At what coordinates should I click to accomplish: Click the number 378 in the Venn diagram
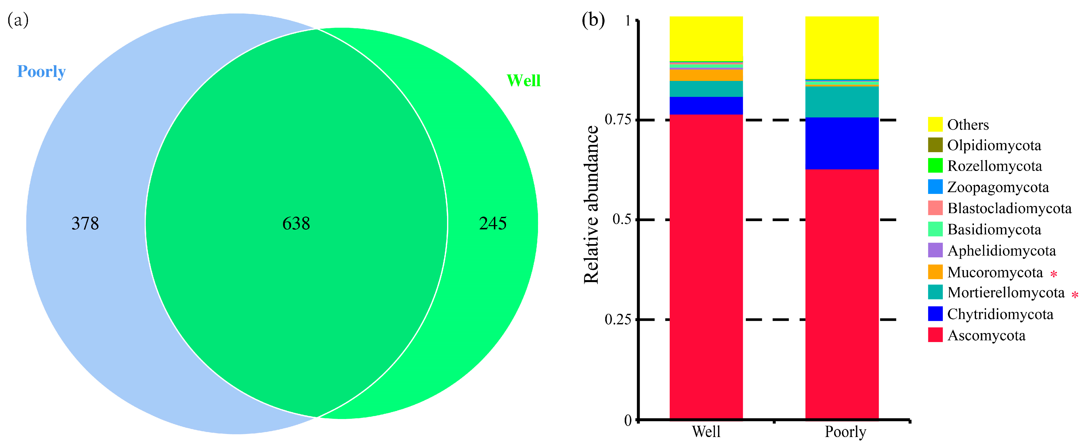[x=85, y=223]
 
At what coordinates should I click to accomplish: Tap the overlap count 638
[x=296, y=223]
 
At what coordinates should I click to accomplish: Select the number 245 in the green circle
[x=493, y=223]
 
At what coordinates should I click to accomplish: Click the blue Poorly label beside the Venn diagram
[x=41, y=72]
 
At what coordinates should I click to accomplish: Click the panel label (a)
[x=18, y=20]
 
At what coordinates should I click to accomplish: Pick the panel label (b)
[x=593, y=20]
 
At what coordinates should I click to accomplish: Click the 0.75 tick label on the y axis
[x=618, y=120]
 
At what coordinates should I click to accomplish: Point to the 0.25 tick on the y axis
[x=618, y=319]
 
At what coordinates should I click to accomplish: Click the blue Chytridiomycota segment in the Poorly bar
[x=842, y=143]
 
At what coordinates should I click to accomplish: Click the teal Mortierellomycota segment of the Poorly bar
[x=842, y=102]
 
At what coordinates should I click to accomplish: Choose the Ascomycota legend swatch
[x=935, y=335]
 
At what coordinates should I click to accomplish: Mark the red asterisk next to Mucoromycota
[x=1054, y=274]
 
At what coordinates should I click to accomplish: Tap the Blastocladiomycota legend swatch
[x=935, y=208]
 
